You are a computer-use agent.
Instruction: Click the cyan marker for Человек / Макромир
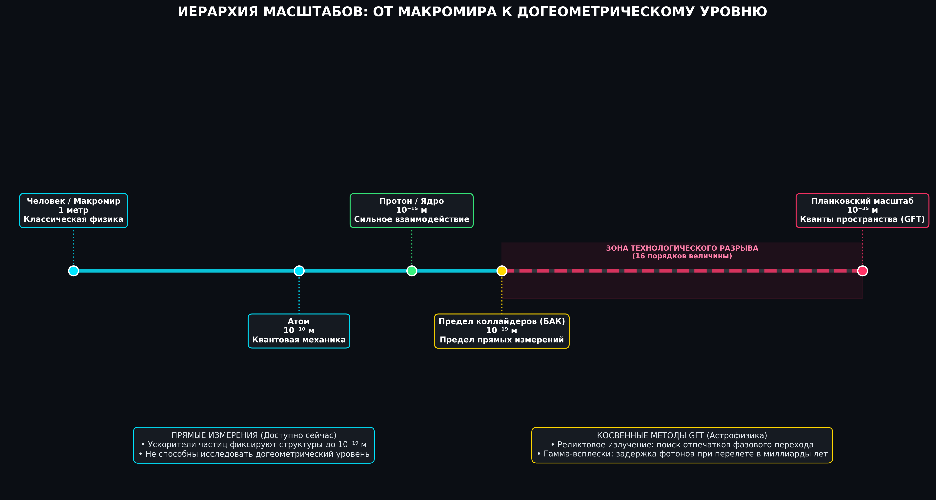coord(73,271)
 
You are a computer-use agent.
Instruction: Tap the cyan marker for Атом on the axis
coord(299,271)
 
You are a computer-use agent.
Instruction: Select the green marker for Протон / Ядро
coord(412,271)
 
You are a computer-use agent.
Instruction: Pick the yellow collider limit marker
coord(502,271)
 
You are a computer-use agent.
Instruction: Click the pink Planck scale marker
coord(862,271)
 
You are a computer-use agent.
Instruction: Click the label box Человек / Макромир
coord(73,211)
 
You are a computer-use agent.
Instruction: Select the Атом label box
coord(299,331)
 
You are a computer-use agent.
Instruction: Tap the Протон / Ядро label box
coord(412,211)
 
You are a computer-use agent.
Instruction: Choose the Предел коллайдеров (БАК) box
coord(502,331)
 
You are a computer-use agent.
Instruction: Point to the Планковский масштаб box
coord(862,211)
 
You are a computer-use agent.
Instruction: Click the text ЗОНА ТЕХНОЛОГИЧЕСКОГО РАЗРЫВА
coord(682,248)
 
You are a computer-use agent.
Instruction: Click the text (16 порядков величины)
coord(682,256)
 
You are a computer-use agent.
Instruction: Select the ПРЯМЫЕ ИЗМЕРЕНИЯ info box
coord(254,445)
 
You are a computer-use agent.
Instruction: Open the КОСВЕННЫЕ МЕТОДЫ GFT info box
coord(682,445)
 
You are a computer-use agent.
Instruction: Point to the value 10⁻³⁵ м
coord(862,210)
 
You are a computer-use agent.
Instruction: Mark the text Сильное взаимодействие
coord(412,219)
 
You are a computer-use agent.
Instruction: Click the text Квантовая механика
coord(299,340)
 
